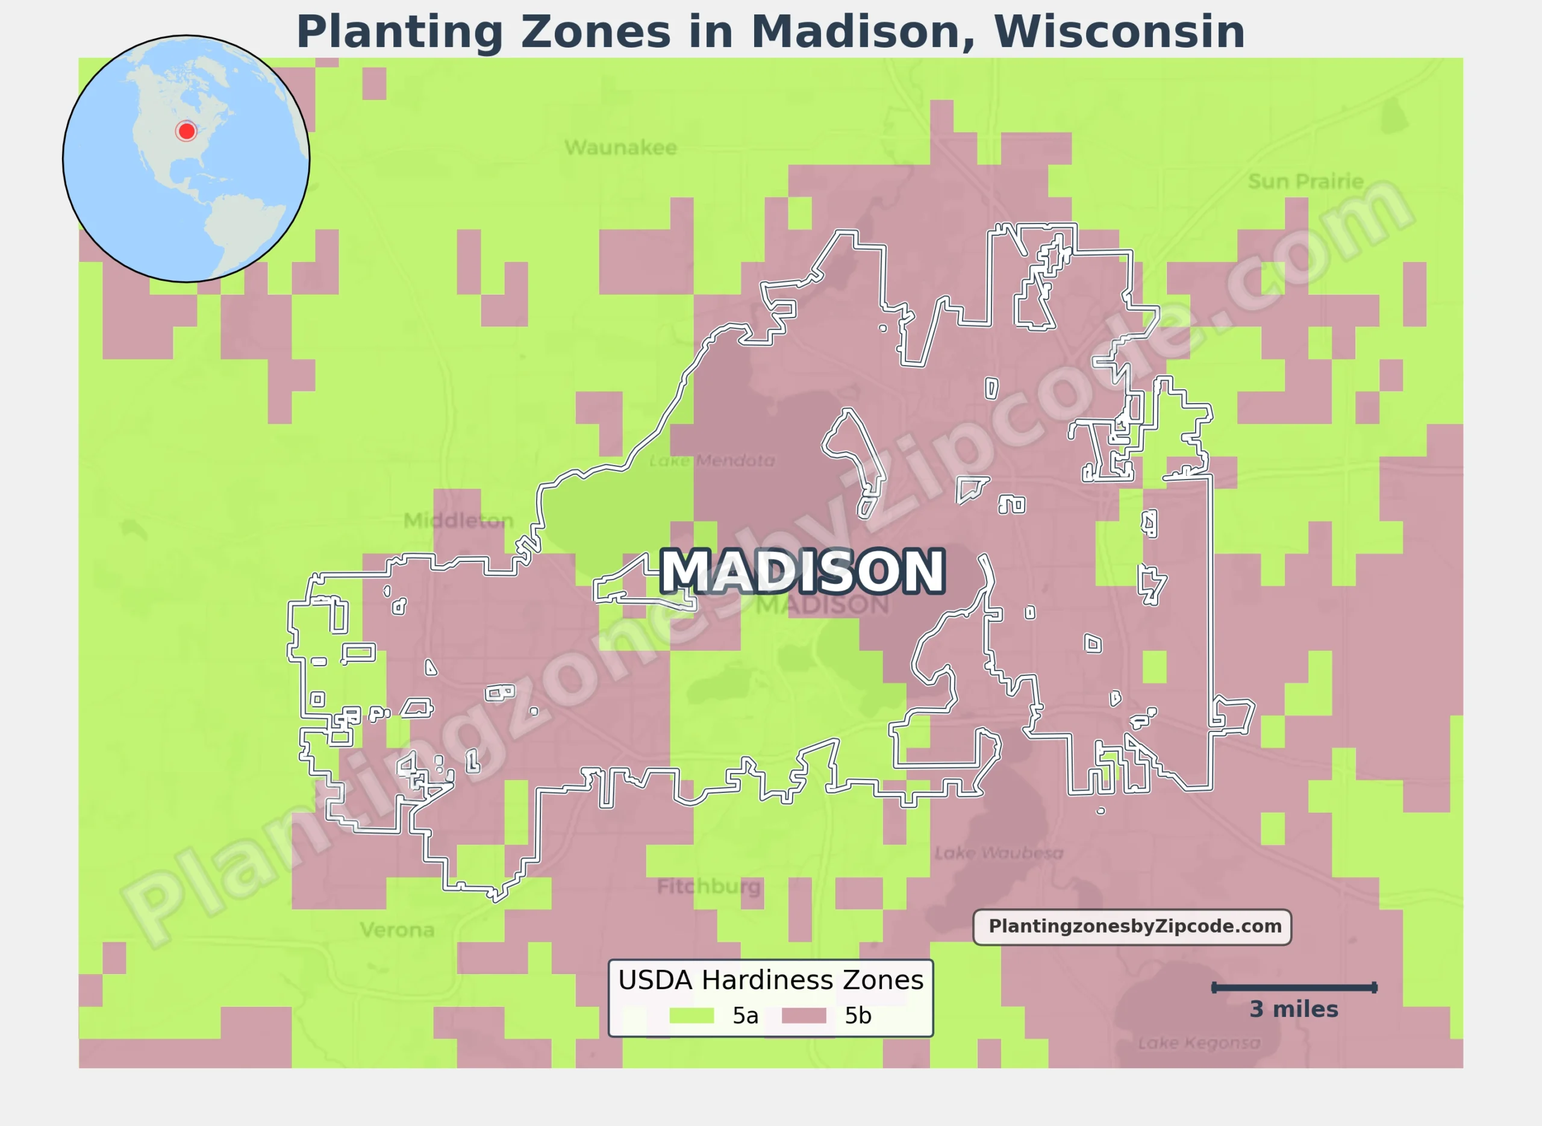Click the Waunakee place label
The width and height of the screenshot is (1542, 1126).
620,147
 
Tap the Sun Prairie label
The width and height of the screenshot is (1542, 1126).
1305,181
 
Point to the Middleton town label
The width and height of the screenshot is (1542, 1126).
458,521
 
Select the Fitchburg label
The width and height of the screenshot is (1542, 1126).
708,886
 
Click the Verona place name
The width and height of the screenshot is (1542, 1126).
398,930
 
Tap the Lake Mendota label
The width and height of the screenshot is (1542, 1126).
711,461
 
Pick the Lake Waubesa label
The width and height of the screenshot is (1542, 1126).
998,852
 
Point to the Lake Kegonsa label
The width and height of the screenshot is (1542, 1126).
1199,1043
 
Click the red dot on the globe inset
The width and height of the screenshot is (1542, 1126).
186,131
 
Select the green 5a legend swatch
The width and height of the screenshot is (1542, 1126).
691,1016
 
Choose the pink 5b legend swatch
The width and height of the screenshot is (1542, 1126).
804,1016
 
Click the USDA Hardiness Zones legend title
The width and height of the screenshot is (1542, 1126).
770,980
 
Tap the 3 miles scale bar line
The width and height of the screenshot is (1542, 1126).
1294,987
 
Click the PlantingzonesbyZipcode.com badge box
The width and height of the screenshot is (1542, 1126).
1132,927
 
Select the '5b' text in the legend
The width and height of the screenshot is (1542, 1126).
857,1016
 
